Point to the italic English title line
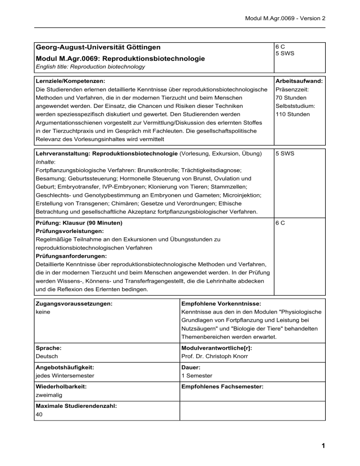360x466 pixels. point(90,67)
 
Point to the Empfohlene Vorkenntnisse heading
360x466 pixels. point(217,303)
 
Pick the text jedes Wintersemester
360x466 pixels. point(65,376)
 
